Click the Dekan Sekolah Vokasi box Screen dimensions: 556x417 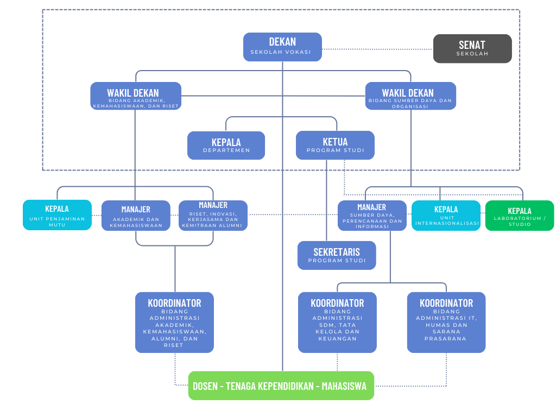click(282, 47)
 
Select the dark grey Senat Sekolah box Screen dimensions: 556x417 click(472, 48)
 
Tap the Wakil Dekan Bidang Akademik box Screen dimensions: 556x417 click(136, 96)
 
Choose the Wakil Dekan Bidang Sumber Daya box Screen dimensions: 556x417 click(410, 96)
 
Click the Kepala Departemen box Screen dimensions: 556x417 click(226, 146)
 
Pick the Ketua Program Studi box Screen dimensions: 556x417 click(335, 145)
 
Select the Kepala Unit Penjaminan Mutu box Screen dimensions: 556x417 click(57, 215)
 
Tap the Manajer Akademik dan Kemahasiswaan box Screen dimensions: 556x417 click(136, 216)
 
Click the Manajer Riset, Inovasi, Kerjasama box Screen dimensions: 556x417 click(213, 216)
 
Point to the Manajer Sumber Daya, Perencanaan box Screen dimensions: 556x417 click(372, 216)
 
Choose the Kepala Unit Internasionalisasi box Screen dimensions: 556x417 click(446, 216)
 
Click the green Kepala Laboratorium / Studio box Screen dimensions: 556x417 click(520, 216)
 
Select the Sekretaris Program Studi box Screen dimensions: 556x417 click(337, 255)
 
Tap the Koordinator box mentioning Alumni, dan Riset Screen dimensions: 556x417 click(174, 323)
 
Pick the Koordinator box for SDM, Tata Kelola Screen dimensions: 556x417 click(337, 323)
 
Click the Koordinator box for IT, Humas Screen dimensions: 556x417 click(446, 323)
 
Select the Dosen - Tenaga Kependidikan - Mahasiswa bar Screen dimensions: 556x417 click(281, 386)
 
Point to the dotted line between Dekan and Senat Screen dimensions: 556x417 click(378, 49)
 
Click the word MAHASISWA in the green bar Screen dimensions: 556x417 click(344, 386)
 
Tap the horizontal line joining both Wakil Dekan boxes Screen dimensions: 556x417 click(273, 96)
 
